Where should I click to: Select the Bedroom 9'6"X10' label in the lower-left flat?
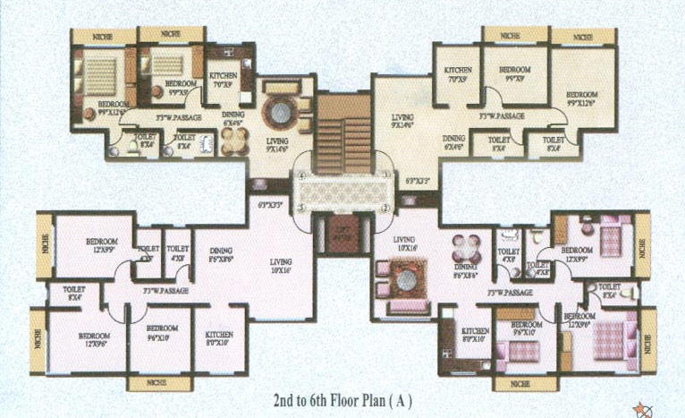(x=161, y=334)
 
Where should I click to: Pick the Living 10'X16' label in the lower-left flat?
(x=286, y=267)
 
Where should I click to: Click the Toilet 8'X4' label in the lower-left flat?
(x=74, y=294)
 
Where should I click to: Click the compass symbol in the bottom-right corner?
(x=643, y=408)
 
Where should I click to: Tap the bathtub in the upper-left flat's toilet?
(x=207, y=143)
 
